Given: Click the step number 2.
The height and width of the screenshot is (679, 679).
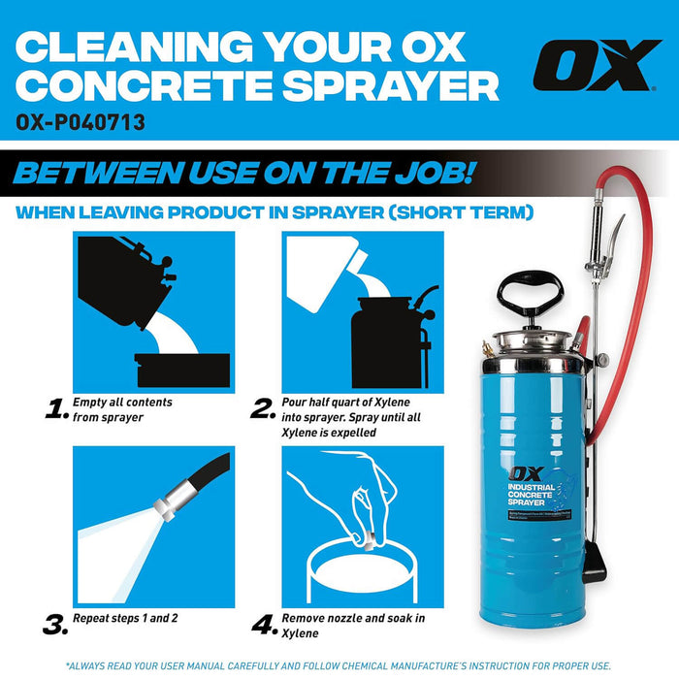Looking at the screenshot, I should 262,409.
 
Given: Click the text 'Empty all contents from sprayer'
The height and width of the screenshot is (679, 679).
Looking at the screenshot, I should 122,409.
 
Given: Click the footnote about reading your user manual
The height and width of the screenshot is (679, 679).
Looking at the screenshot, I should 339,665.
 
